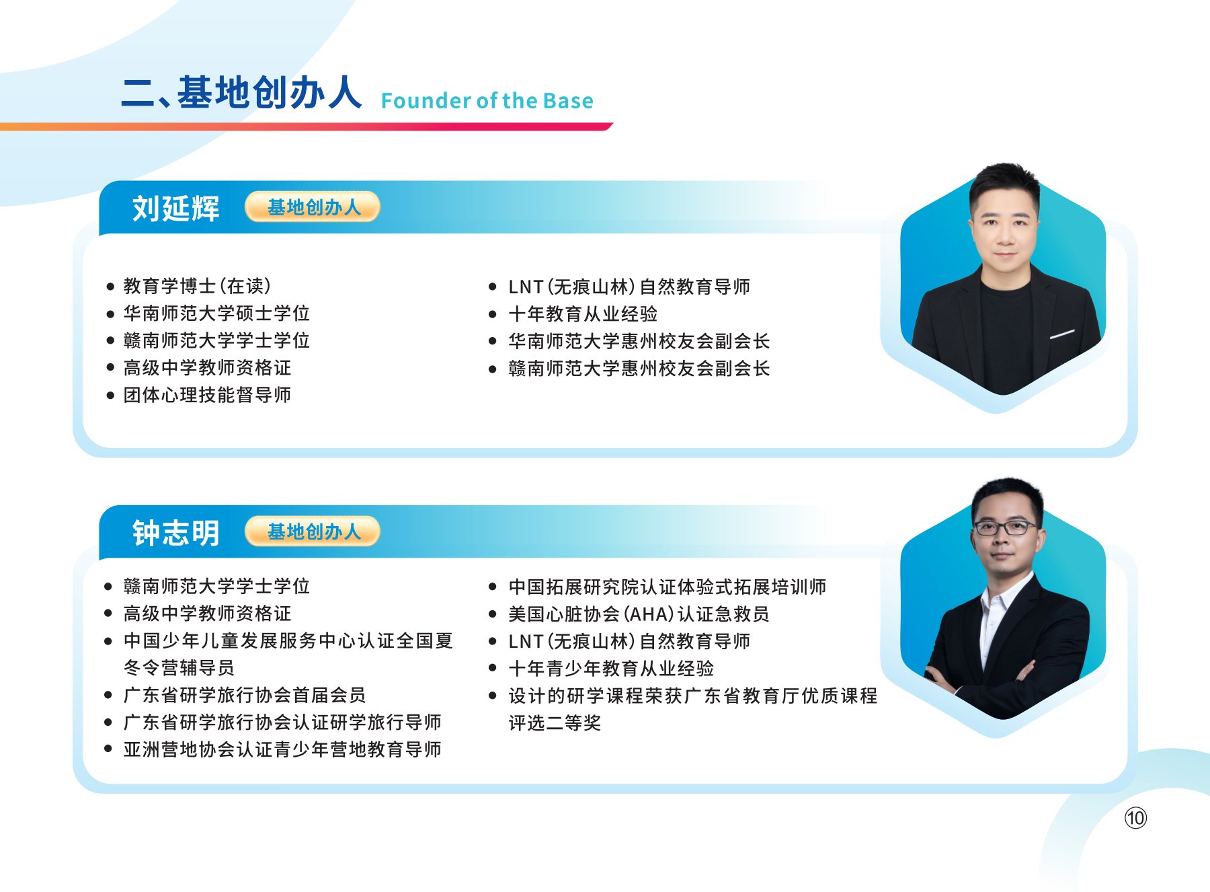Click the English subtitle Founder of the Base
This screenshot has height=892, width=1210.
click(487, 101)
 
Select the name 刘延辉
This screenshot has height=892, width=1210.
click(176, 208)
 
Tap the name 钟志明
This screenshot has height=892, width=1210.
click(176, 533)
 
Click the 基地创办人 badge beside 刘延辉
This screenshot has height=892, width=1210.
click(313, 207)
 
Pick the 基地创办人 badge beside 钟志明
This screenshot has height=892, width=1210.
click(313, 532)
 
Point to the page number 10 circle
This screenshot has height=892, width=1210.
click(1135, 818)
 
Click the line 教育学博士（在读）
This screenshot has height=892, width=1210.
click(198, 286)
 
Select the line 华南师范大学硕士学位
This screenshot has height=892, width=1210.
click(216, 313)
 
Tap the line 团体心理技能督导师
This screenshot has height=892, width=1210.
click(207, 394)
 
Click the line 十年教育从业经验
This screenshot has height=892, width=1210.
click(583, 313)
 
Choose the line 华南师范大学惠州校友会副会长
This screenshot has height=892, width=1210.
click(639, 341)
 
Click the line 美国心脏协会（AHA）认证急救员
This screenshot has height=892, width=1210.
click(639, 614)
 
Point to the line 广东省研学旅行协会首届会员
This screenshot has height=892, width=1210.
click(245, 694)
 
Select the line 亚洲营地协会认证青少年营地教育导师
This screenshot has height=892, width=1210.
click(282, 749)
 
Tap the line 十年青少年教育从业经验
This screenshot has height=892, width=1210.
click(611, 668)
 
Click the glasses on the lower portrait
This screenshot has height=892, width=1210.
click(1006, 527)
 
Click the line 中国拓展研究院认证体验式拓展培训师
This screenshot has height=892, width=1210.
click(668, 587)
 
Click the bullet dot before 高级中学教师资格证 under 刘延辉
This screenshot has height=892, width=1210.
click(110, 367)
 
